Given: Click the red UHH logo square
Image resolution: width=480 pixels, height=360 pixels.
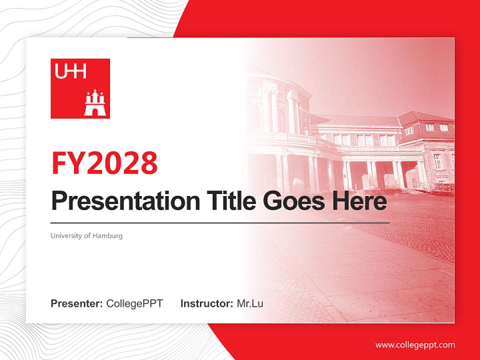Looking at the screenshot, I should [x=80, y=88].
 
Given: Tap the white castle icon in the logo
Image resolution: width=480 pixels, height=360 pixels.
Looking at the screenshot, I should [x=93, y=103].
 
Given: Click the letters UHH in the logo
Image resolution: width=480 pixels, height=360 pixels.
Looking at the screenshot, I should [x=70, y=72].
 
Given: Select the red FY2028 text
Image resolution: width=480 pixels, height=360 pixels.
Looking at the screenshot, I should [x=104, y=163].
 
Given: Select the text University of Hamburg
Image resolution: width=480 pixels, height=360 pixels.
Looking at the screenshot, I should [x=86, y=235].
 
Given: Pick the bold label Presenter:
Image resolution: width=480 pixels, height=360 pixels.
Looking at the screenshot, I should [x=77, y=303].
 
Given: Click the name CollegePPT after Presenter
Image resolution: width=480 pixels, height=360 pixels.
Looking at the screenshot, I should [x=134, y=303].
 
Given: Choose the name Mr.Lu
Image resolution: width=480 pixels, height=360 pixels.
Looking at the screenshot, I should [x=250, y=303].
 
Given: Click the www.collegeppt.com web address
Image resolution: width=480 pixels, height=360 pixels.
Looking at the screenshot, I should [x=415, y=345].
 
